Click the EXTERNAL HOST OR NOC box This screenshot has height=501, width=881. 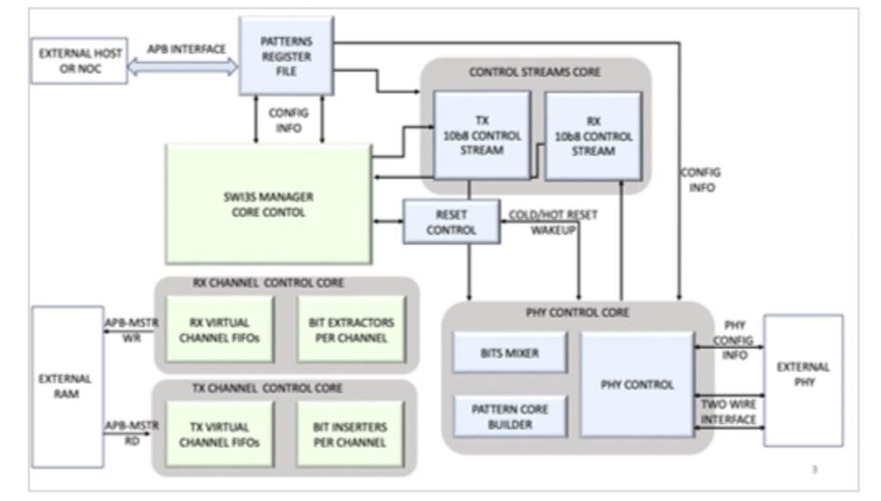click(79, 61)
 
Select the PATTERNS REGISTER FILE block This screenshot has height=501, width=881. click(286, 56)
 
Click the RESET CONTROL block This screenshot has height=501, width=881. click(451, 222)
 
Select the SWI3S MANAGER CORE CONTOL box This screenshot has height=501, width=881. click(268, 203)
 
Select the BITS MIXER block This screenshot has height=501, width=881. click(509, 352)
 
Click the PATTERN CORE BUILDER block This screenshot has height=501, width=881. click(509, 416)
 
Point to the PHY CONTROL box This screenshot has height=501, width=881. click(637, 385)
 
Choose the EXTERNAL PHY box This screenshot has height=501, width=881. click(803, 380)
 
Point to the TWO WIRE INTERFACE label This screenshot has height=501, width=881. click(728, 411)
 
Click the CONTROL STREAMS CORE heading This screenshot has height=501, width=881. click(536, 72)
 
